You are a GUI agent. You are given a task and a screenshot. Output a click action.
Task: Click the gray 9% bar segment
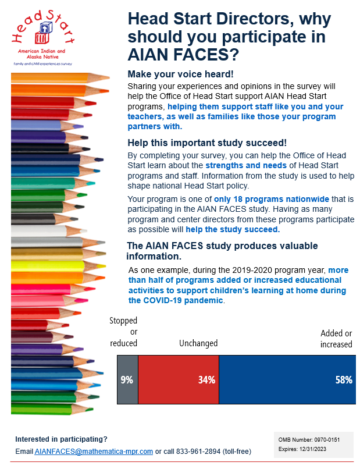tap(127, 379)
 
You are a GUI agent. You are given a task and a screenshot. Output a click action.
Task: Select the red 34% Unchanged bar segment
tap(179, 379)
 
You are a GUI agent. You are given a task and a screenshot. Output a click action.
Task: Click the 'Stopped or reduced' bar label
tap(124, 332)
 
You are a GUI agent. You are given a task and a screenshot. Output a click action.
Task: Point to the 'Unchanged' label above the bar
tap(198, 343)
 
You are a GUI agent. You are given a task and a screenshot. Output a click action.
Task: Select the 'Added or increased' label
tap(336, 339)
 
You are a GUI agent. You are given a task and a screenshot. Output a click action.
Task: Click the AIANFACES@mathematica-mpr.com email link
tap(94, 452)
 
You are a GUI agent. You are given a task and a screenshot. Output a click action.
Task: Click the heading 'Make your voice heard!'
tap(180, 74)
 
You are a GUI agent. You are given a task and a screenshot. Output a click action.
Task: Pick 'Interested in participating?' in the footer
tap(61, 439)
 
